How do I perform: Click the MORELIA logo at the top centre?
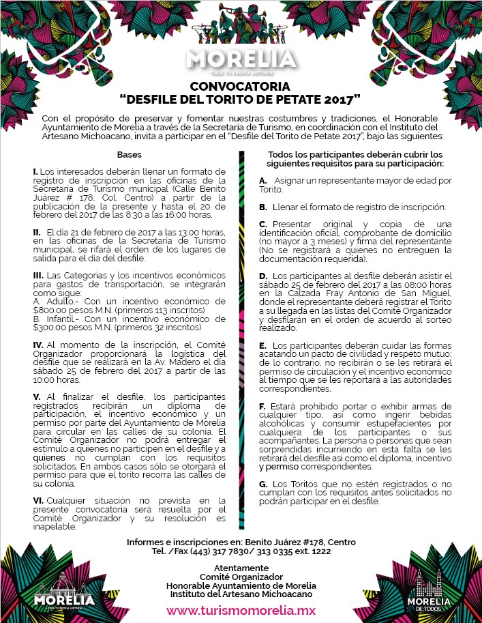241,59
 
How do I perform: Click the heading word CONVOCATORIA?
240,86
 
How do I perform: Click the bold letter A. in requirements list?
262,180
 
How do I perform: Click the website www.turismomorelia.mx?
241,610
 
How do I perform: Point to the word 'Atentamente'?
241,568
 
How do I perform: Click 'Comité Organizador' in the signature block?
241,577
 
